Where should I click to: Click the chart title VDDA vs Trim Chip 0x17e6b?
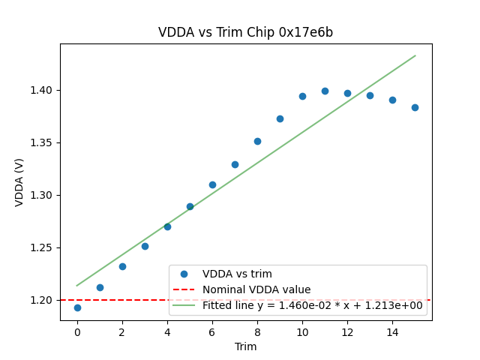pos(245,33)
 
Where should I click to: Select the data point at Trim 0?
pos(77,307)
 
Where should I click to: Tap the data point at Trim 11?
pos(325,91)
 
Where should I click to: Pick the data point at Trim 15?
pos(415,107)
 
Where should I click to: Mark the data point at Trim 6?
pos(212,184)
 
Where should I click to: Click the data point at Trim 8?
pos(257,141)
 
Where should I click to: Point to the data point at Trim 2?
pos(122,266)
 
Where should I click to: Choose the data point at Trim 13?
pos(370,95)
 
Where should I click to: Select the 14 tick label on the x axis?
pos(392,331)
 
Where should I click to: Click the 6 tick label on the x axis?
pos(212,331)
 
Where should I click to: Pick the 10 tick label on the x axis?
pos(302,331)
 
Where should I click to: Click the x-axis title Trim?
pos(246,346)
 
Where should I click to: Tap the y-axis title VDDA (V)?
pos(19,182)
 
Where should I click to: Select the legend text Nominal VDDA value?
pos(256,289)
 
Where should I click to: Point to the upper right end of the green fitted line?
pos(415,55)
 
